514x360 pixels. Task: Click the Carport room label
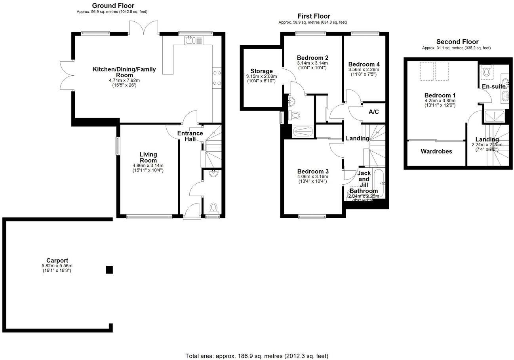coord(57,260)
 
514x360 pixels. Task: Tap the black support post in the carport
coord(109,270)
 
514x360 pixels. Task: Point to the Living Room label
coord(148,157)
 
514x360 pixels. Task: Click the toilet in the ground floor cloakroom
coord(213,208)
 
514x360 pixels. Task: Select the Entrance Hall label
coord(190,136)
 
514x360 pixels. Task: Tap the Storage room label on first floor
coord(261,71)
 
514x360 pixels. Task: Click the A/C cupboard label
coord(373,112)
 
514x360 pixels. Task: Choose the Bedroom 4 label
coord(364,64)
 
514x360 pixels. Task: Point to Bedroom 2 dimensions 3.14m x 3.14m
coord(312,63)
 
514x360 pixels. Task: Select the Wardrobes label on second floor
coord(436,151)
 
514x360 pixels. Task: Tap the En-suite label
coord(493,86)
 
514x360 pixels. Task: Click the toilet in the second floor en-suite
coord(487,72)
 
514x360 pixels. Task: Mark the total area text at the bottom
coord(257,356)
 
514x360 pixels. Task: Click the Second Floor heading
coord(457,42)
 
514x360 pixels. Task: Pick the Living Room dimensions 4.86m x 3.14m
coord(148,166)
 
